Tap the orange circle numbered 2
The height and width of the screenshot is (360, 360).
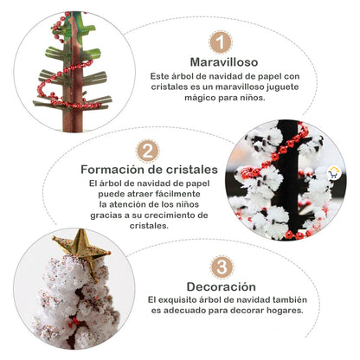pyautogui.click(x=148, y=151)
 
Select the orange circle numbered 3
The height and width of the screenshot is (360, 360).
pyautogui.click(x=221, y=267)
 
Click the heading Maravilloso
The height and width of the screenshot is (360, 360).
pyautogui.click(x=221, y=61)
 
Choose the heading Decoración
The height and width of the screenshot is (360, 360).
pyautogui.click(x=221, y=286)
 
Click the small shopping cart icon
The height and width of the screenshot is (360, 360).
pyautogui.click(x=335, y=171)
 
